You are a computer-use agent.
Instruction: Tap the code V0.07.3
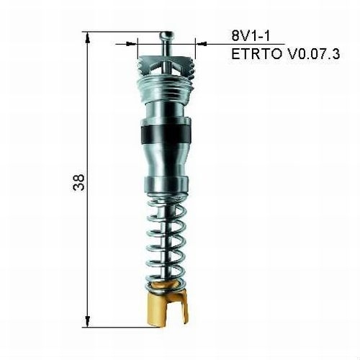pos(308,53)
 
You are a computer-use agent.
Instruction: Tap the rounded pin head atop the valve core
pos(167,34)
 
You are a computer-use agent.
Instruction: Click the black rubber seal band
pos(166,134)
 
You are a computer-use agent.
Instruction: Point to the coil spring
pos(167,241)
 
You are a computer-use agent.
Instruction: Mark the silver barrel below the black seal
pos(166,158)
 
